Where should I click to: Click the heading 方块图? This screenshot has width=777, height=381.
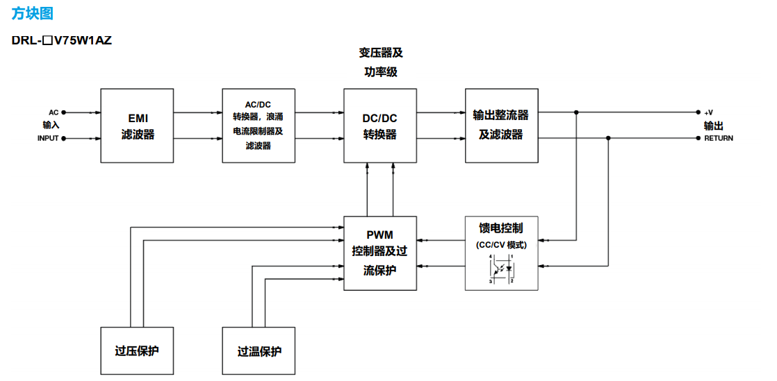point(32,14)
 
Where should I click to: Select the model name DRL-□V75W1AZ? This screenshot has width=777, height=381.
point(62,40)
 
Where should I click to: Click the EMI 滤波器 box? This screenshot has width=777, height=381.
point(138,126)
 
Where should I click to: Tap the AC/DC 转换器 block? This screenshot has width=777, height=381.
point(259,126)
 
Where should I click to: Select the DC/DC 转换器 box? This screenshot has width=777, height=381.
point(379,126)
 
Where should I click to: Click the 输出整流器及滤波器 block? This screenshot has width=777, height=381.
point(501,126)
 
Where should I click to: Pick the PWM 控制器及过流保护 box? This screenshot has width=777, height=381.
point(379,253)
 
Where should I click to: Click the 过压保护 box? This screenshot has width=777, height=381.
point(137,350)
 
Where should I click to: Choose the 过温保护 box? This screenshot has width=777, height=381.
point(259,350)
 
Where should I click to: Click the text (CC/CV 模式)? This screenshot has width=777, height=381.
point(501,244)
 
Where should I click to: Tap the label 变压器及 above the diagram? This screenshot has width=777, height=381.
point(380,53)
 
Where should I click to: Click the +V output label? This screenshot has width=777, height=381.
point(708,112)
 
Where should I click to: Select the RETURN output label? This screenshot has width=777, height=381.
point(718,138)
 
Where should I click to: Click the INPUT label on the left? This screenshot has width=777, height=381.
point(48,138)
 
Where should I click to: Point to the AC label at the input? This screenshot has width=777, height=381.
point(54,112)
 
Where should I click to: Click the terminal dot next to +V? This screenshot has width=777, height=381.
point(698,112)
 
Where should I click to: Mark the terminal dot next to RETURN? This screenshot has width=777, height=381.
point(698,138)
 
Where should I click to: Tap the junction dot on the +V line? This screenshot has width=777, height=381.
point(576,112)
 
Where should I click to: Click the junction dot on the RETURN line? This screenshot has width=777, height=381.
point(608,138)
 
